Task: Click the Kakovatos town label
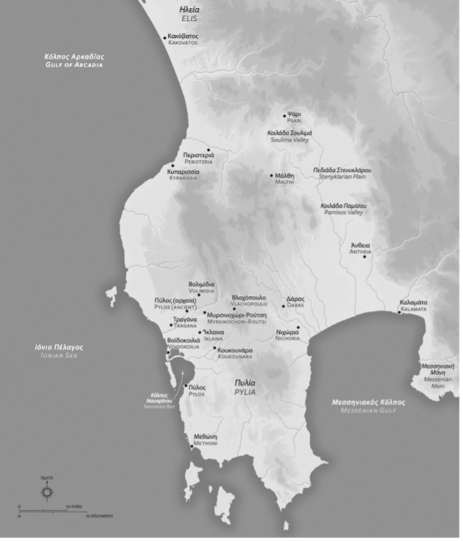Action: coord(183,39)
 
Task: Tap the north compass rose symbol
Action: coord(47,492)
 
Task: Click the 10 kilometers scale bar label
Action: coord(99,516)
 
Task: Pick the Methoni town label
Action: coord(205,439)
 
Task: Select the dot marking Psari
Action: coord(284,116)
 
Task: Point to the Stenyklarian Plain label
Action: coord(342,173)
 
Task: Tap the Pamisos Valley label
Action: coord(342,209)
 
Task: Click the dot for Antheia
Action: coord(364,257)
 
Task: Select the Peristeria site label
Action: coord(198,158)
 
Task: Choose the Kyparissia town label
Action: coord(184,175)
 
